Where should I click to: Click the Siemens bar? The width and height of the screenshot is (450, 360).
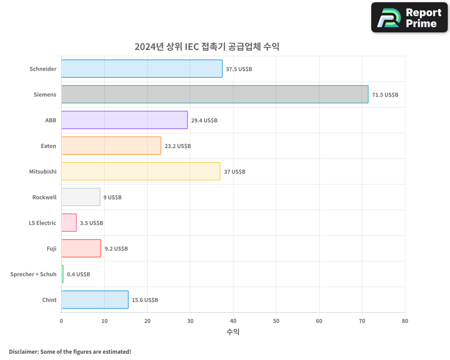point(215,94)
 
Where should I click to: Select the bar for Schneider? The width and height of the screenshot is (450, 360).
point(142,69)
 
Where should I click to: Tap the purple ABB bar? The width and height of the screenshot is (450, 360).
point(124,120)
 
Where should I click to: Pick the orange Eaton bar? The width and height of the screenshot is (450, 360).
point(111,146)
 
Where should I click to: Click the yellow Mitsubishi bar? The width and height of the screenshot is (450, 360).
point(141,171)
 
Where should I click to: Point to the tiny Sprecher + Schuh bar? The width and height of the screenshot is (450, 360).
point(63,274)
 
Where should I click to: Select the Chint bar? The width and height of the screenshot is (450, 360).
point(95,300)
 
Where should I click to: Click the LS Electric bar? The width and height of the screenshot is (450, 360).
point(69,223)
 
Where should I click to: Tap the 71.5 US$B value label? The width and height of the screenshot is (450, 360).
point(385,95)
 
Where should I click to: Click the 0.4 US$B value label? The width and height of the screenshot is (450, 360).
point(78,274)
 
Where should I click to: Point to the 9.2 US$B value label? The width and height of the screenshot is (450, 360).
point(116,249)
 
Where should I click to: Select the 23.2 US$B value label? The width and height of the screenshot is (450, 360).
point(177,146)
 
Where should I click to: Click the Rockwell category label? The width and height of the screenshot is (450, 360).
point(44,197)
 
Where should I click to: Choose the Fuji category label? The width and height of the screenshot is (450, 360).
point(51,248)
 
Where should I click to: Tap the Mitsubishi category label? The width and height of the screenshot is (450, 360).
point(43,171)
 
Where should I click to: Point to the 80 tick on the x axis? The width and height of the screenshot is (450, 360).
point(405,321)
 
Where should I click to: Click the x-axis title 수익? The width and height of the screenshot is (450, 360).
point(233,332)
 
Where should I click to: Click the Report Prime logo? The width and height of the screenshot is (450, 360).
point(409,18)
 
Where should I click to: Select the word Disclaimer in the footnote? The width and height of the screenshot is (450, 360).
point(23,351)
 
